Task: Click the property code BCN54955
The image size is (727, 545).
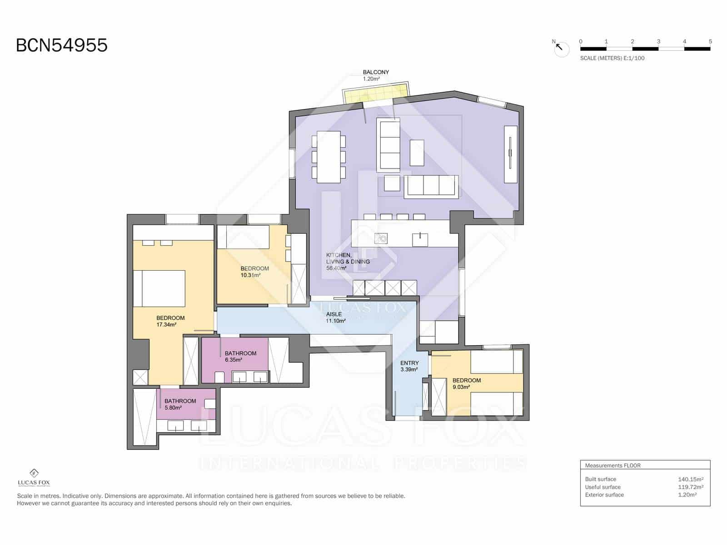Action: tap(62, 45)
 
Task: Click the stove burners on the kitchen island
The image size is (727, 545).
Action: tap(381, 238)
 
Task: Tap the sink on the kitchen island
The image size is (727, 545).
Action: tap(420, 239)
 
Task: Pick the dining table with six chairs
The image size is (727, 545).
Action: tap(329, 157)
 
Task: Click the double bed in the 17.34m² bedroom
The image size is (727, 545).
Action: tap(159, 288)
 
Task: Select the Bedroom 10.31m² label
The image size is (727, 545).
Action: tap(254, 272)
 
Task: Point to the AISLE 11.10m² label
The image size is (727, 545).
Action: tap(335, 317)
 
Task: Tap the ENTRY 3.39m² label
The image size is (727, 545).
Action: tap(409, 366)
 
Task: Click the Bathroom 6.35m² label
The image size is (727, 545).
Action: tap(240, 356)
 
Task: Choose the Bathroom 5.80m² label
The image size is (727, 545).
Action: tap(180, 404)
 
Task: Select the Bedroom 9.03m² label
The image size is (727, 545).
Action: tap(466, 383)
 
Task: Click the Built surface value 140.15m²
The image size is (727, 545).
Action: tap(690, 479)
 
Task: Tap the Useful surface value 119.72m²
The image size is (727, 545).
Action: tap(690, 487)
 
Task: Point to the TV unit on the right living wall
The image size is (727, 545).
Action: tap(510, 154)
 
